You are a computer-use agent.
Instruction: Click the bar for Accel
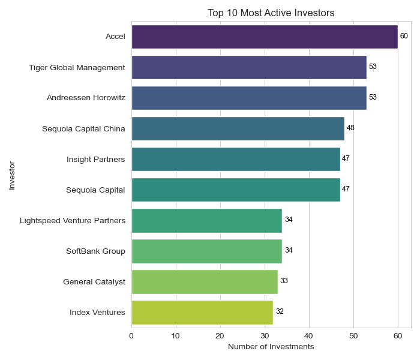[264, 37]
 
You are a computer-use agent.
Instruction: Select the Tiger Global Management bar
[248, 67]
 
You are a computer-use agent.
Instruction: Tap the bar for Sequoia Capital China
[238, 128]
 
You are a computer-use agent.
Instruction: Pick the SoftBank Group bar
[206, 251]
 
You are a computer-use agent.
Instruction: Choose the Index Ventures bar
[202, 312]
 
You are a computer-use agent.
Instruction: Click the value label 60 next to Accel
[404, 37]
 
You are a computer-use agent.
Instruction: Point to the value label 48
[350, 128]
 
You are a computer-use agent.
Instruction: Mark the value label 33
[284, 281]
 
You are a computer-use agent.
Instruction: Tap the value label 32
[280, 312]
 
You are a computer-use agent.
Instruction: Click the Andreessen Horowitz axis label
[86, 98]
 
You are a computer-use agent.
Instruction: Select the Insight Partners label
[96, 159]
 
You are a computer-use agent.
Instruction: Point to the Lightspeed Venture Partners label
[73, 220]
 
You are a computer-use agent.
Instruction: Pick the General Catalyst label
[94, 281]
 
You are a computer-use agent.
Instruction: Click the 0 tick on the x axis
[131, 335]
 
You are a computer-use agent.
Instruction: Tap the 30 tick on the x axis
[265, 335]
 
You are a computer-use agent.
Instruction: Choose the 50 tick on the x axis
[353, 335]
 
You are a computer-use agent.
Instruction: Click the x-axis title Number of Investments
[271, 347]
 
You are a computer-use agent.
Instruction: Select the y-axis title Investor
[11, 175]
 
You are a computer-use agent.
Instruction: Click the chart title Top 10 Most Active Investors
[271, 13]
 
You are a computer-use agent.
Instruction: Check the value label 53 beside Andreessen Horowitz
[373, 98]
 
